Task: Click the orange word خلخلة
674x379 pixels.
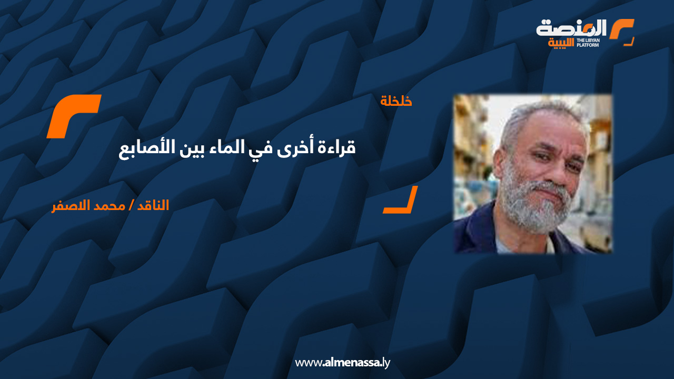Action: click(x=396, y=101)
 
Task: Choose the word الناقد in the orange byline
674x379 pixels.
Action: click(x=151, y=205)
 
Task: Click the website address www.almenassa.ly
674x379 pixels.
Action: click(x=342, y=363)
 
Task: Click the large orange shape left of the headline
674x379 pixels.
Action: click(x=74, y=116)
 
